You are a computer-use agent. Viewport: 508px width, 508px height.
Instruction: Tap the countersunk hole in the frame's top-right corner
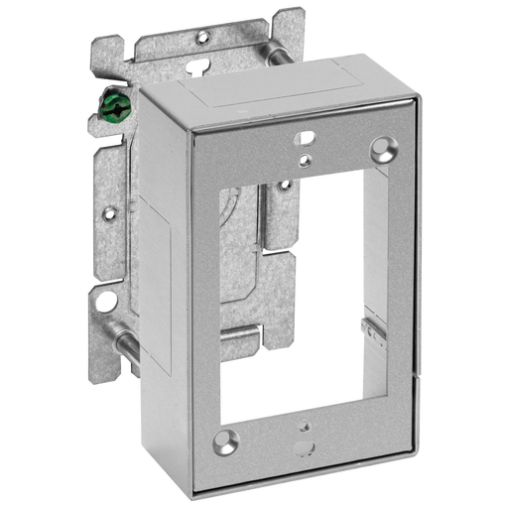pyautogui.click(x=382, y=150)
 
